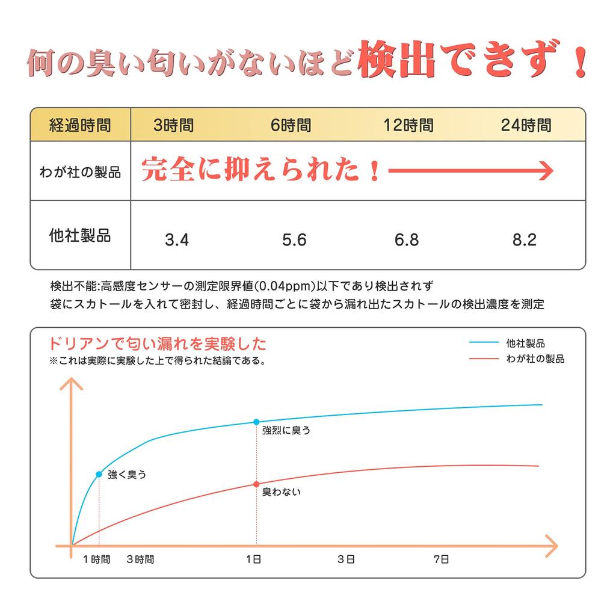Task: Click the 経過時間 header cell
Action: pyautogui.click(x=80, y=126)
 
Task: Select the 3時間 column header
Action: pyautogui.click(x=174, y=126)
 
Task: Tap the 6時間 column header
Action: pyautogui.click(x=291, y=126)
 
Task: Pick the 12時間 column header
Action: pyautogui.click(x=408, y=126)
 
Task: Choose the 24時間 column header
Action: pyautogui.click(x=526, y=126)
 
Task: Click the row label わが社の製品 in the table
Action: pyautogui.click(x=80, y=173)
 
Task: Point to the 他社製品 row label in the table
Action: pyautogui.click(x=80, y=235)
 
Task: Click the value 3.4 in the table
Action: pyautogui.click(x=177, y=241)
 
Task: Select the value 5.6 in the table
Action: pyautogui.click(x=294, y=241)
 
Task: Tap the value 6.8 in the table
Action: pyautogui.click(x=407, y=241)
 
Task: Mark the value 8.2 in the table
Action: pyautogui.click(x=524, y=241)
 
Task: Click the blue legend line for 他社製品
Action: pyautogui.click(x=484, y=343)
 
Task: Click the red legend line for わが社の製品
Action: pyautogui.click(x=484, y=359)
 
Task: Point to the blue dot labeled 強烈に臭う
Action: pyautogui.click(x=257, y=422)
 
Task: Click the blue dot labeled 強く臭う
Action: pyautogui.click(x=99, y=474)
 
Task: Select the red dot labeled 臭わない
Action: pyautogui.click(x=257, y=484)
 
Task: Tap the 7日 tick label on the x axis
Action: pyautogui.click(x=442, y=559)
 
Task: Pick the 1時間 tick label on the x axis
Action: pyautogui.click(x=97, y=559)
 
